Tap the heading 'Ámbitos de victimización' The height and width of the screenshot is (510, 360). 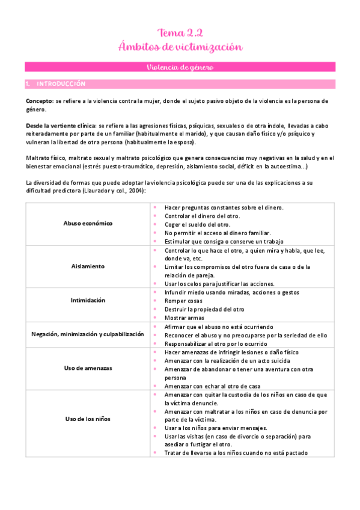coord(180,46)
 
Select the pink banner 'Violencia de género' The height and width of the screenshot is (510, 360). coord(180,67)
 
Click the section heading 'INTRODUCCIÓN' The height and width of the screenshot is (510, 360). coord(61,84)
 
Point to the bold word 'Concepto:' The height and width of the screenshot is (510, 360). coord(39,102)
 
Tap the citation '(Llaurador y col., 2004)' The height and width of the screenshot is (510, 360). coord(113,190)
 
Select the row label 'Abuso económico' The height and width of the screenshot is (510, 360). coord(88,223)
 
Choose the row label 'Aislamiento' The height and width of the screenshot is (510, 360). coord(88,266)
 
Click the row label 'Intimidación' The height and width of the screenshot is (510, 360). coord(88,300)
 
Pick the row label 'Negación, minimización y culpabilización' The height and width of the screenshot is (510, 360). coord(88,334)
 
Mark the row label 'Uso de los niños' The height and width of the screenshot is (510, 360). coord(88,419)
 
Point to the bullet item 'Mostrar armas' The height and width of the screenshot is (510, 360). coord(185,318)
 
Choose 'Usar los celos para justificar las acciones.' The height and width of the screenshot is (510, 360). coord(219,283)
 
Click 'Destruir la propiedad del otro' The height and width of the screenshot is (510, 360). coord(204,309)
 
